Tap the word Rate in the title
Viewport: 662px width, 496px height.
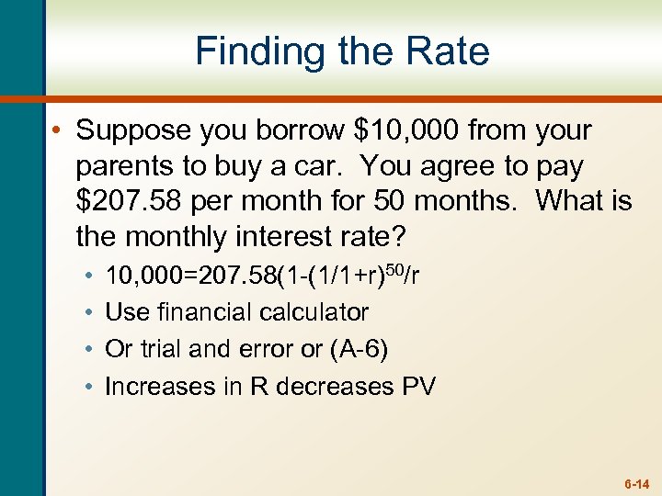pos(445,51)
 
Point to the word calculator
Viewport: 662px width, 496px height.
pos(307,312)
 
